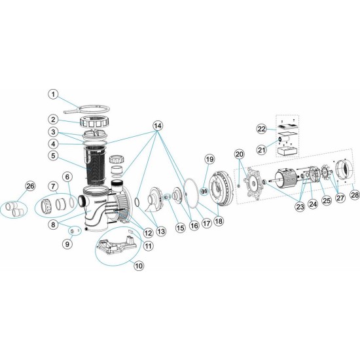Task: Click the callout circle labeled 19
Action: point(209,159)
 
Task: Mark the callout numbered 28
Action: point(354,194)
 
